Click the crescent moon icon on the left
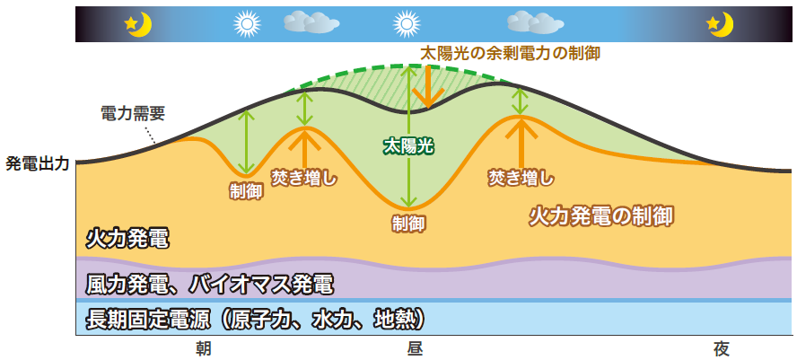(x=140, y=25)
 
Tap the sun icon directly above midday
(x=407, y=23)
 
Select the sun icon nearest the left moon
(x=247, y=23)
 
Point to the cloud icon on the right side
(x=535, y=22)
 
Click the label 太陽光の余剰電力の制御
(x=510, y=53)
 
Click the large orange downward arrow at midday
(x=428, y=87)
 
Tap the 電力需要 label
(x=134, y=114)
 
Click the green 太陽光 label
(x=408, y=147)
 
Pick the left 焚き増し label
(x=304, y=179)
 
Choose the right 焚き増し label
(x=521, y=178)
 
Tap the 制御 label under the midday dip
(x=408, y=224)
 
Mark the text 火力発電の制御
(x=601, y=216)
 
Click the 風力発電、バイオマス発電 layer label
(x=210, y=285)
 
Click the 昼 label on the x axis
(x=415, y=349)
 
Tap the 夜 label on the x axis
(x=722, y=349)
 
